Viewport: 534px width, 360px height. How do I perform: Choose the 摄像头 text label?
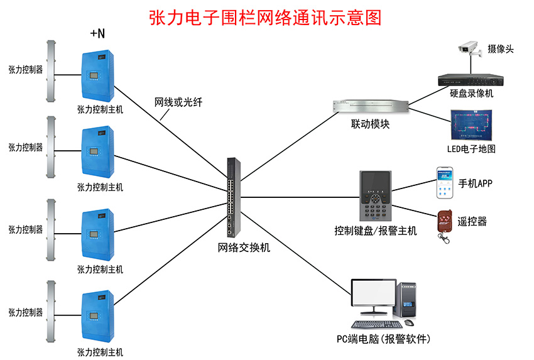(x=501, y=48)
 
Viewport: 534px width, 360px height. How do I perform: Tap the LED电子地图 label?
(x=471, y=149)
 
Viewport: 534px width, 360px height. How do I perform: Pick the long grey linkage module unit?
(x=369, y=107)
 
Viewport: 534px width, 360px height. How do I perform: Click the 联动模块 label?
(x=370, y=124)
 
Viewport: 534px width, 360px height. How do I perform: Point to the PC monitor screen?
(x=373, y=297)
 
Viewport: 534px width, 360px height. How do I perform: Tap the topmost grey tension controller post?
(x=51, y=70)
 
